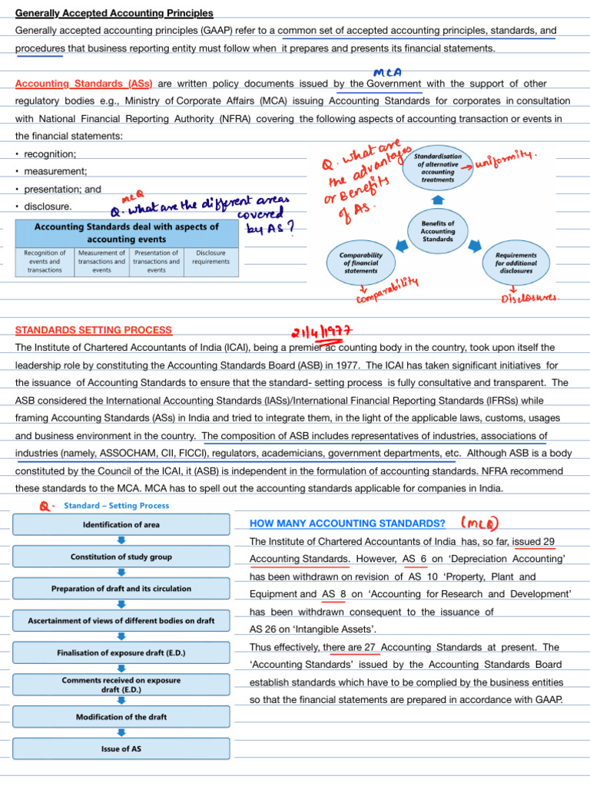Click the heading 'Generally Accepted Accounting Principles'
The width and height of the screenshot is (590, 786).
point(114,13)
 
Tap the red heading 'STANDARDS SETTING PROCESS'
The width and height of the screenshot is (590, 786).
point(94,330)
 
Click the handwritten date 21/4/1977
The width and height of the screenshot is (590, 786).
point(321,330)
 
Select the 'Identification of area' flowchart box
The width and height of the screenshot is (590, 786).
point(121,524)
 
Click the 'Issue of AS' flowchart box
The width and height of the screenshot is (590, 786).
point(121,748)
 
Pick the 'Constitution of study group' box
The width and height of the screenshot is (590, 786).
point(121,556)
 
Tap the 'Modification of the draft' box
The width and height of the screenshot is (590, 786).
point(121,717)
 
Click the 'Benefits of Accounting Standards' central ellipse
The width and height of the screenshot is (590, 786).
point(438,230)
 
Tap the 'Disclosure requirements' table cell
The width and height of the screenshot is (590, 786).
point(211,257)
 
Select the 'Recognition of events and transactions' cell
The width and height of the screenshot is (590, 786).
point(45,261)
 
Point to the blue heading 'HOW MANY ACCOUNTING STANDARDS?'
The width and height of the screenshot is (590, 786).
point(348,523)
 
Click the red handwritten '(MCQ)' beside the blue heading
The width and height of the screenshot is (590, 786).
point(480,523)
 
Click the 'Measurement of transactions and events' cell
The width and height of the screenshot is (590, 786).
point(101,261)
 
